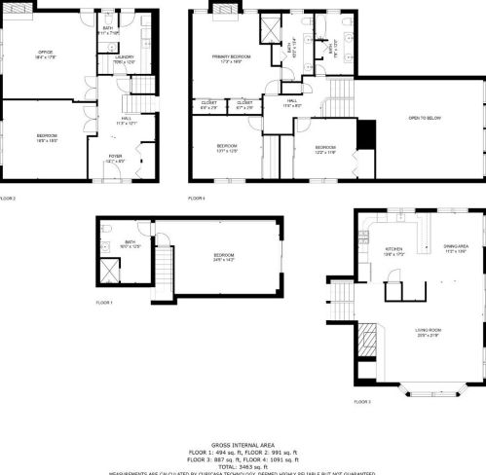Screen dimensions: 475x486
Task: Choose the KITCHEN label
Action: [x=393, y=250]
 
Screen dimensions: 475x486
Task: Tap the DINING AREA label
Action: [x=456, y=247]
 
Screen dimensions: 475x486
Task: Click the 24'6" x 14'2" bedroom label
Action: [x=225, y=257]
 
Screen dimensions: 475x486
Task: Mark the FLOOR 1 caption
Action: [x=104, y=304]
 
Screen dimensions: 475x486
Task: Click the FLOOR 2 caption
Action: [x=9, y=199]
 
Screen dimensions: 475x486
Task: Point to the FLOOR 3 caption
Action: [x=362, y=401]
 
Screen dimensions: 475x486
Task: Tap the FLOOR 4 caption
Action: [x=196, y=199]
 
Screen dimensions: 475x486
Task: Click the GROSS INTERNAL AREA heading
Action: [x=243, y=443]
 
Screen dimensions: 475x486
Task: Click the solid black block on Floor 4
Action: [x=366, y=135]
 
